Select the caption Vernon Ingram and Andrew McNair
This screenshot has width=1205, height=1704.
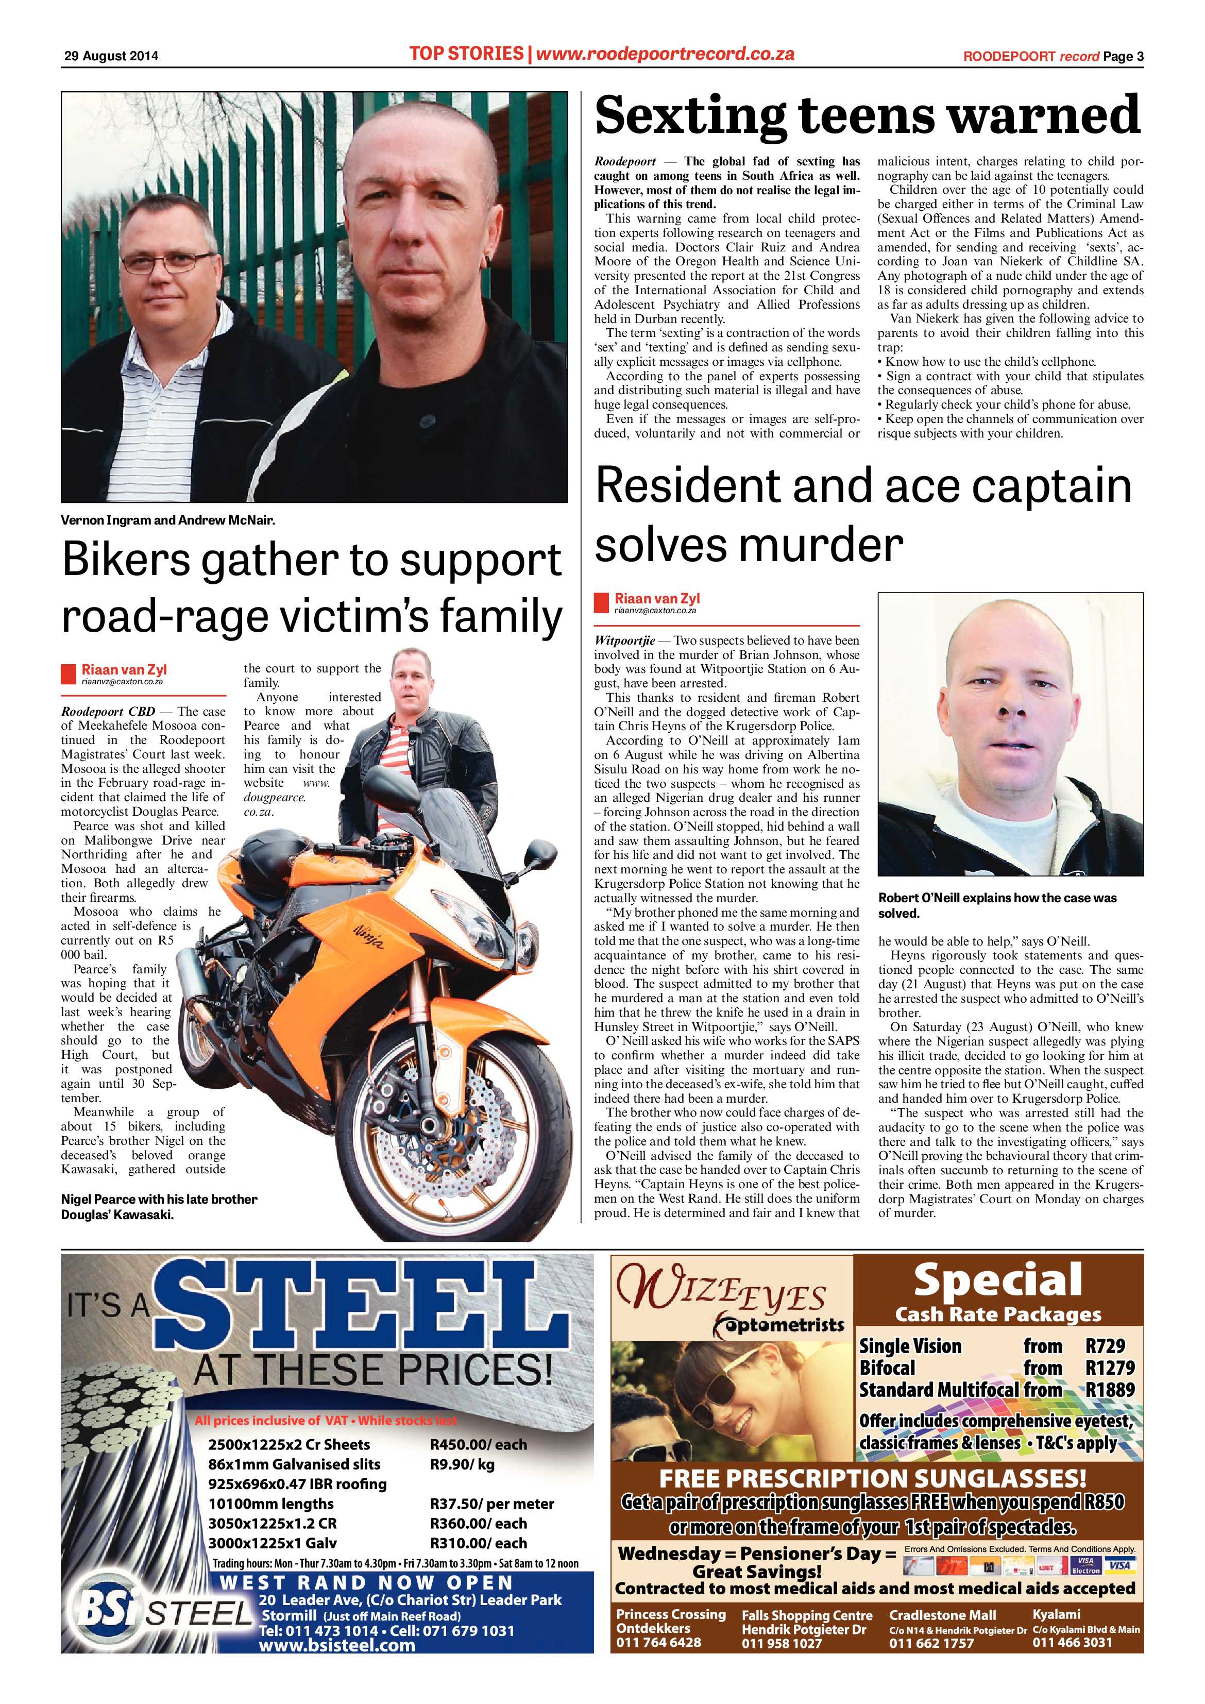(168, 520)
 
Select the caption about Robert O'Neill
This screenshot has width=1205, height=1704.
(997, 905)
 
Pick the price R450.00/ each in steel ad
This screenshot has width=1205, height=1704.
(479, 1444)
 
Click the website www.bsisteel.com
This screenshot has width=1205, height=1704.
(337, 1645)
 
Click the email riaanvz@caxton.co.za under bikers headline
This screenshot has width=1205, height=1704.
(123, 681)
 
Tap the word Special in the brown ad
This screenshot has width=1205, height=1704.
(998, 1279)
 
